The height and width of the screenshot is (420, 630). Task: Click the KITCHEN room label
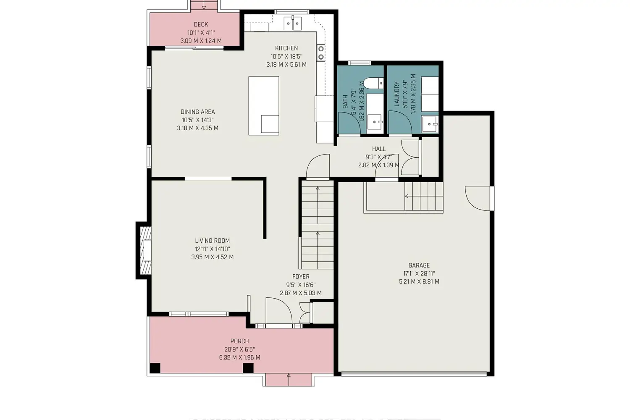coord(286,48)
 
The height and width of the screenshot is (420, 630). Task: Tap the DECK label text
coord(201,24)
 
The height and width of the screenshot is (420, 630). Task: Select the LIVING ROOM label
coord(212,241)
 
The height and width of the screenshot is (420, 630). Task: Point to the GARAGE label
coord(419,265)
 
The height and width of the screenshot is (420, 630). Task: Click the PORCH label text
coord(239,341)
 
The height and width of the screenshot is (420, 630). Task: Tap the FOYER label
coord(301,277)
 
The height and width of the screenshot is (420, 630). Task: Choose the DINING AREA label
coord(197,112)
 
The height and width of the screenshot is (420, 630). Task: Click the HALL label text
coord(378,149)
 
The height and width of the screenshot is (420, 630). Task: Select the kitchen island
coord(264,105)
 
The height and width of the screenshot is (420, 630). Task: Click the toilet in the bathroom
coord(373,83)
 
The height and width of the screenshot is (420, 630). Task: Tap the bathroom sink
coord(375,122)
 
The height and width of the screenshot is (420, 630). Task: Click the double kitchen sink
coord(293,23)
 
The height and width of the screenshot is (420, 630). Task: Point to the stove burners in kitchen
coord(321,52)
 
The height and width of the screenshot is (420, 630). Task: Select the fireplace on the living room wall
coord(144,251)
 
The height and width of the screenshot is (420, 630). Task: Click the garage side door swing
coord(477,197)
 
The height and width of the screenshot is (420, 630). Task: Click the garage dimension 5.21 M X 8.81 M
coord(419,282)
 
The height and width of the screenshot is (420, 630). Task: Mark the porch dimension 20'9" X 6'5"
coord(239,349)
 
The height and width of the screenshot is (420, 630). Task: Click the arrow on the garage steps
coord(407,196)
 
